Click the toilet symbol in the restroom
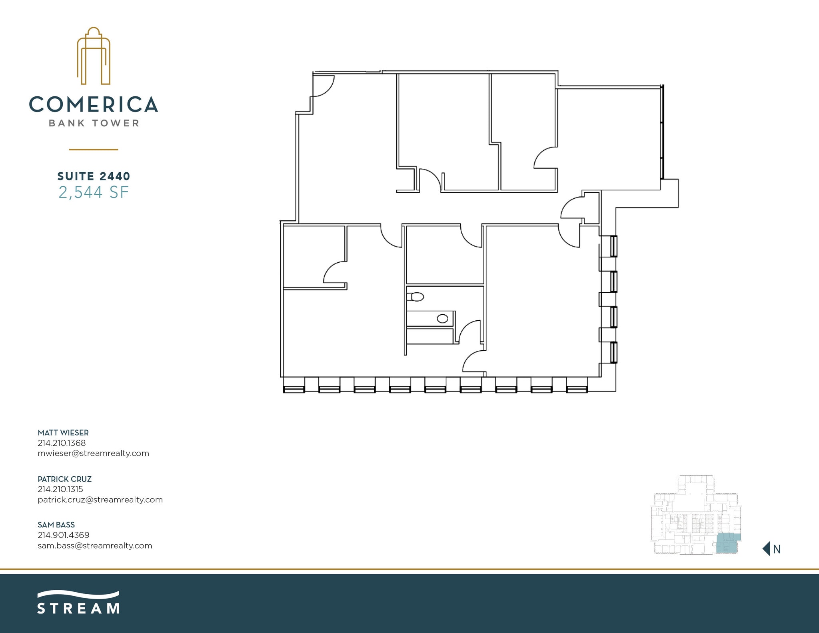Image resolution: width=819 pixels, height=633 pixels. (416, 297)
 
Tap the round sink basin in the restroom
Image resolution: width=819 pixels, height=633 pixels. (442, 319)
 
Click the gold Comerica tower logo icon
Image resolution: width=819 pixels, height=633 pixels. (94, 56)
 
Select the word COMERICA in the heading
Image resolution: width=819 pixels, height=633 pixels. (94, 104)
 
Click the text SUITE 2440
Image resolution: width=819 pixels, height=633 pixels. (94, 176)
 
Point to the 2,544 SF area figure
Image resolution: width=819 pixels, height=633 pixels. (94, 193)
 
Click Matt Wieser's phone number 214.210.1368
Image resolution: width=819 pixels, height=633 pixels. (62, 443)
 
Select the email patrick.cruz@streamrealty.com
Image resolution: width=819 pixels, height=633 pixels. (100, 499)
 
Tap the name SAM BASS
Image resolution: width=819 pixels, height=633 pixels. (56, 525)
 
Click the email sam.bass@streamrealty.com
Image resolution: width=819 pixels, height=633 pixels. (95, 545)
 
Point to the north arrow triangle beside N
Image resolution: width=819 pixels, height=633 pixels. (766, 549)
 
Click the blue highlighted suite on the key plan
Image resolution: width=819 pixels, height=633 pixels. (727, 543)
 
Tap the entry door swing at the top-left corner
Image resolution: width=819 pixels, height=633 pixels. (322, 86)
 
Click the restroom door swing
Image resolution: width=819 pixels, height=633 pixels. (469, 332)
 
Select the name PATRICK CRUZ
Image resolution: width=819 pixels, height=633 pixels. (64, 479)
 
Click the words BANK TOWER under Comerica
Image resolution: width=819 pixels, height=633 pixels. (94, 123)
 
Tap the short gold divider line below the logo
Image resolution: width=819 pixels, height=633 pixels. (94, 150)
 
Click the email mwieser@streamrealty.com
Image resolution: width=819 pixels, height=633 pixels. (93, 453)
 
